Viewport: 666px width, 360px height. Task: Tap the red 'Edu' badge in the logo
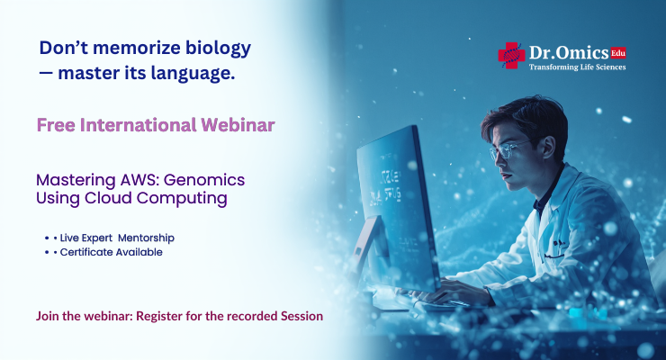point(617,53)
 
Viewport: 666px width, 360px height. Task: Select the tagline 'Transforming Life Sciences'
point(577,67)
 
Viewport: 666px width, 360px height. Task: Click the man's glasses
point(511,148)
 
